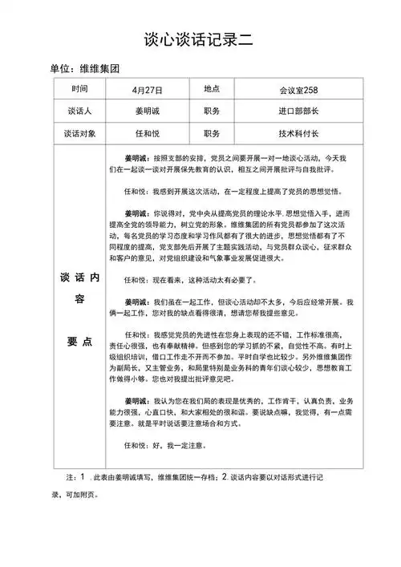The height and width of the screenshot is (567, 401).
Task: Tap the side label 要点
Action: [x=79, y=341]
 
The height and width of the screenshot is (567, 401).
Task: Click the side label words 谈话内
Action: [x=79, y=277]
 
